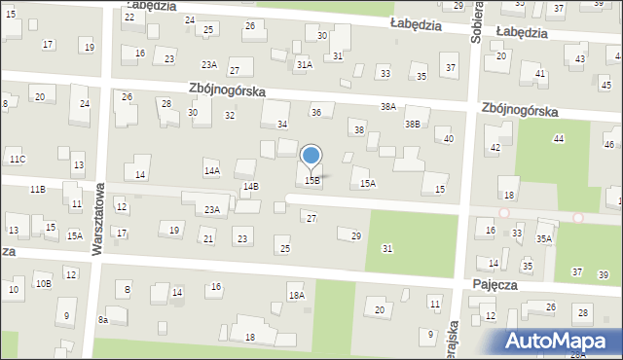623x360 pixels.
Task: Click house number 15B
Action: [312, 180]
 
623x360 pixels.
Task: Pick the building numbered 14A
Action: [211, 170]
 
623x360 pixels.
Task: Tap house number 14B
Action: [250, 185]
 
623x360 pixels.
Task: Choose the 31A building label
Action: [305, 64]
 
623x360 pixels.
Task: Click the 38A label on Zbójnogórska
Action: [388, 106]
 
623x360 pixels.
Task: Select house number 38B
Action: [413, 124]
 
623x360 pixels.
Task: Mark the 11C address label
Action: [18, 159]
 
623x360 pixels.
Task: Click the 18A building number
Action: [296, 295]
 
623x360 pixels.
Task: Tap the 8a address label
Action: [102, 319]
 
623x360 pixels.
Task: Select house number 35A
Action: [543, 238]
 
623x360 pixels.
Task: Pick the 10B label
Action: [43, 284]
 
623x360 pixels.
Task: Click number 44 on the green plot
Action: [558, 139]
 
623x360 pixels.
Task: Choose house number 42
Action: [495, 147]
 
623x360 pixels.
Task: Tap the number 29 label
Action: [356, 236]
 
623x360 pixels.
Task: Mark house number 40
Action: [448, 139]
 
